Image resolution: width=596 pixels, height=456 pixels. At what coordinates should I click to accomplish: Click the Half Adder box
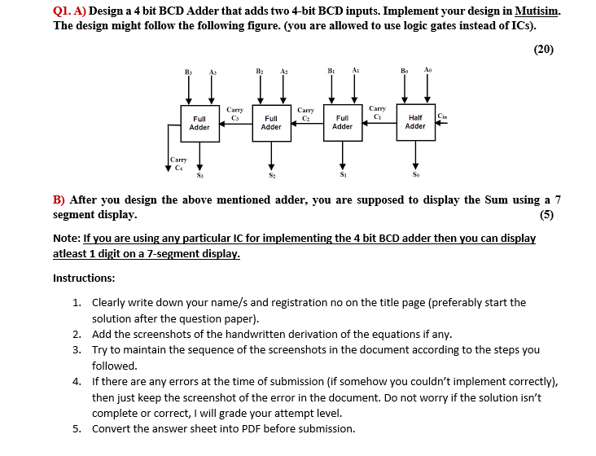[x=415, y=121]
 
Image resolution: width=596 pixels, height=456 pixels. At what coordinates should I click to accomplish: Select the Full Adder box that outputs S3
[x=199, y=122]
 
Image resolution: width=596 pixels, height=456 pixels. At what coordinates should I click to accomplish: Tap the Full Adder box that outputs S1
[x=343, y=121]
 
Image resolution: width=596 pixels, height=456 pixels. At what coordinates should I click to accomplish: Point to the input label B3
[x=188, y=72]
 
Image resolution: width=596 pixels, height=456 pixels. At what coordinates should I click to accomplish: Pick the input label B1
[x=331, y=72]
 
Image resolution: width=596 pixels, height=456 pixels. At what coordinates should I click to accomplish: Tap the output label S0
[x=416, y=173]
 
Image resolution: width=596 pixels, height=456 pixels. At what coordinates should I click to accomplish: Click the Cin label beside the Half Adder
[x=442, y=116]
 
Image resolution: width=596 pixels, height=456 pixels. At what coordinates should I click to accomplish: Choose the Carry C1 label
[x=378, y=112]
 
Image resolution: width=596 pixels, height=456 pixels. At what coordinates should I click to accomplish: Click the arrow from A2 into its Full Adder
[x=283, y=90]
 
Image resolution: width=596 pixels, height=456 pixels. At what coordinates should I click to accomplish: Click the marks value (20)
[x=543, y=49]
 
